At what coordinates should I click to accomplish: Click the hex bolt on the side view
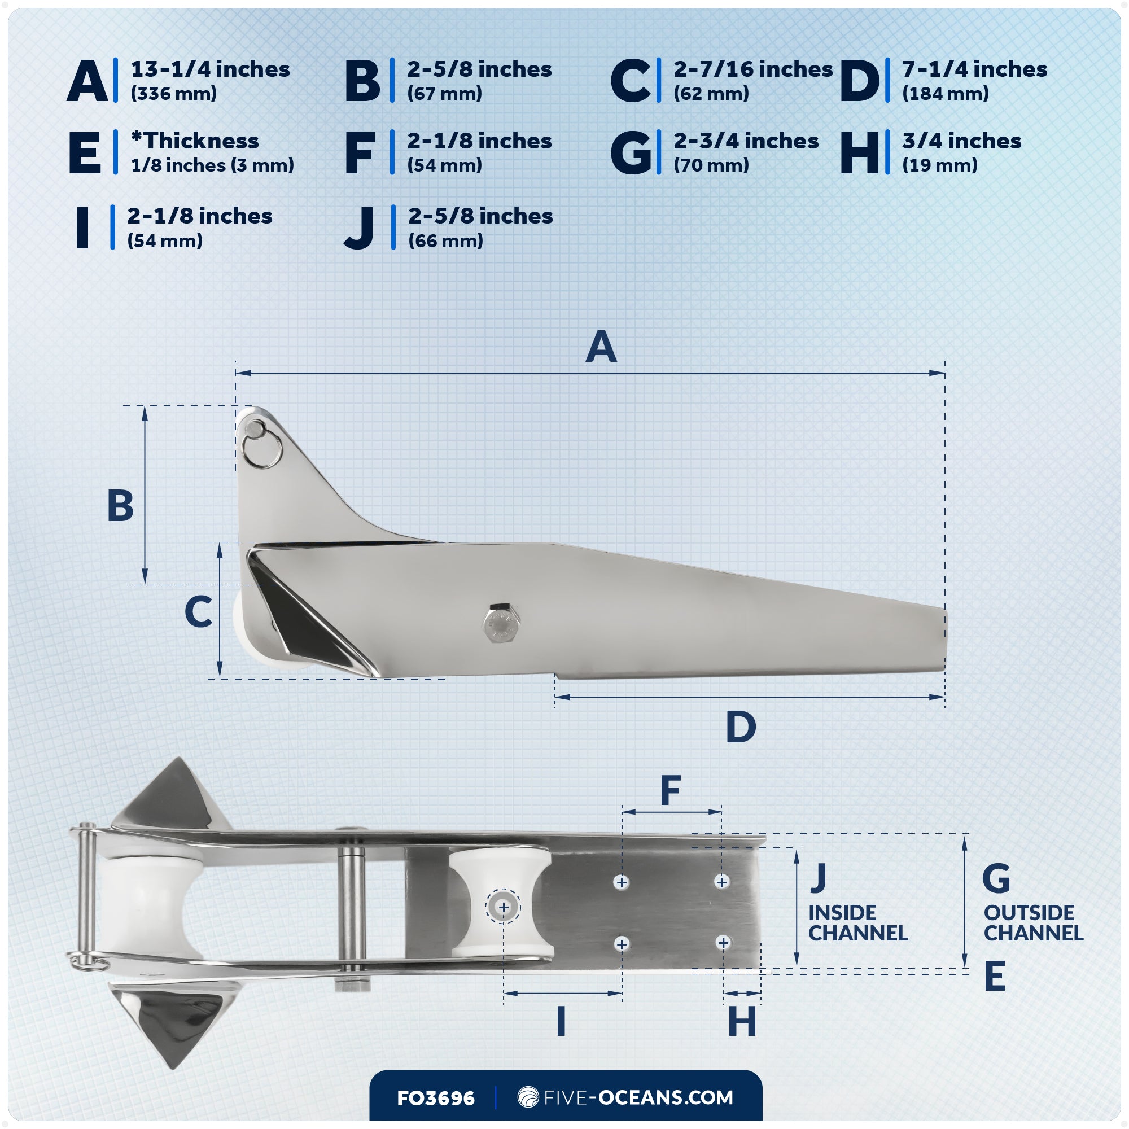pos(501,623)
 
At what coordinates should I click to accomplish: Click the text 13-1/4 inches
pos(210,69)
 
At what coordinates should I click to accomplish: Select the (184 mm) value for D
pos(945,94)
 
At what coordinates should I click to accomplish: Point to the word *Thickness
pos(195,141)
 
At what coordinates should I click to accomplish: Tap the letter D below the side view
pos(741,728)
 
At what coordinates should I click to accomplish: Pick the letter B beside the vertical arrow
pos(120,505)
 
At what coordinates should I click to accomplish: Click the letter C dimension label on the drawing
pos(198,612)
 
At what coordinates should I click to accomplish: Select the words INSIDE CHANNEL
pos(857,923)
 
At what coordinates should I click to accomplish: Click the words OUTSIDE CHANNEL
pos(1033,923)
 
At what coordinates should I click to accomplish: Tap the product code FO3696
pos(435,1098)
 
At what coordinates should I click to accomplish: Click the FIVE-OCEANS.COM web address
pos(638,1097)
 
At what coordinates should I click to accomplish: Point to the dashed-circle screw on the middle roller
pos(503,908)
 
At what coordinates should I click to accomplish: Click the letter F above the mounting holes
pos(670,791)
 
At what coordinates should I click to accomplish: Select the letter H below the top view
pos(742,1022)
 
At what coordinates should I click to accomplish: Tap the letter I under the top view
pos(561,1022)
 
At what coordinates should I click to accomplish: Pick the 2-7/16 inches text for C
pos(752,69)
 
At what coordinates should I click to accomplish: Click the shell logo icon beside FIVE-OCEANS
pos(528,1097)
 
